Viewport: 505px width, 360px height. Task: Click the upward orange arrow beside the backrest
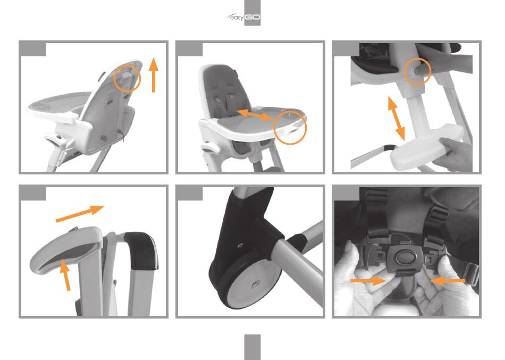[154, 75]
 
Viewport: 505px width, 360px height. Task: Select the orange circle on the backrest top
[127, 78]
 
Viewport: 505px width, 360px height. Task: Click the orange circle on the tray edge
[290, 128]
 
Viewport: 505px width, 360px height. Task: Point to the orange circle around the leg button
[417, 71]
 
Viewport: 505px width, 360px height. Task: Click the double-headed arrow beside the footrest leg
[396, 118]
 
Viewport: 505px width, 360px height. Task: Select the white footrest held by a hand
[425, 147]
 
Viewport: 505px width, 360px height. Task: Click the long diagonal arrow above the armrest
[80, 213]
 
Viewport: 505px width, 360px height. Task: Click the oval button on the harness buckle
[404, 257]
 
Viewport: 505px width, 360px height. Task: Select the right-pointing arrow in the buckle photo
[368, 281]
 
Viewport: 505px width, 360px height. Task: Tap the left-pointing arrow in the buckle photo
[448, 281]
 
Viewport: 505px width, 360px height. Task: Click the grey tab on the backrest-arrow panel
[33, 49]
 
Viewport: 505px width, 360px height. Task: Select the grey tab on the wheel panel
[190, 193]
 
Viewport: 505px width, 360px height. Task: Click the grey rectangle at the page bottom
[252, 347]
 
